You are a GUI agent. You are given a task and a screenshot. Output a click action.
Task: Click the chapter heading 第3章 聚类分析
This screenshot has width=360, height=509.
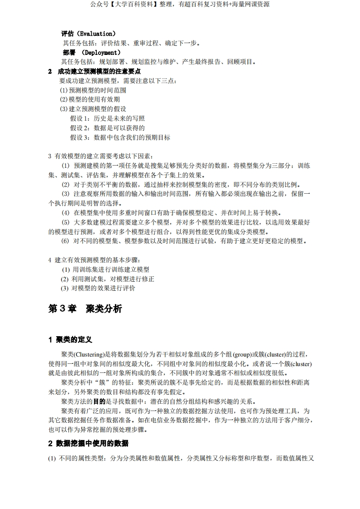point(85,309)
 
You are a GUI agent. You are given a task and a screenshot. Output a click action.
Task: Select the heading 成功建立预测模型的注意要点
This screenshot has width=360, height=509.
point(99,71)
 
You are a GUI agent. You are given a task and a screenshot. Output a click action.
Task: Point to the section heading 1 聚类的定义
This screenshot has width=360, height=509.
point(70,340)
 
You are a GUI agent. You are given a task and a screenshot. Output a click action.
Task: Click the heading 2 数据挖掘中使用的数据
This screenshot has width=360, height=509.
point(88,443)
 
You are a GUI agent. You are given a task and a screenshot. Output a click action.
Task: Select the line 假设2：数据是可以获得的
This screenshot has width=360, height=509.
point(107,128)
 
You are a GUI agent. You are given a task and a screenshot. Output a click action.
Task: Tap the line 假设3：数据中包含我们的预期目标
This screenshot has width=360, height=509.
point(120,137)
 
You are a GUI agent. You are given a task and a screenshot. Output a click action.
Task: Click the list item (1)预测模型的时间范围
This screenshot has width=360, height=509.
point(93,90)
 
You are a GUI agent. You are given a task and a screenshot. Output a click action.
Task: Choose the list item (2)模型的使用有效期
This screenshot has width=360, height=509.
point(89,99)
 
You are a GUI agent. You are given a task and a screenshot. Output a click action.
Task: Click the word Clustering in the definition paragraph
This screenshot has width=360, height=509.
point(89,354)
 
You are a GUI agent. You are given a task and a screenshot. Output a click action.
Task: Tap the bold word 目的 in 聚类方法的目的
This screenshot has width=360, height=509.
point(99,401)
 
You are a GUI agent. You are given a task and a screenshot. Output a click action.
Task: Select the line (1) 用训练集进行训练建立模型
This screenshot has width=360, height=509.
point(105,269)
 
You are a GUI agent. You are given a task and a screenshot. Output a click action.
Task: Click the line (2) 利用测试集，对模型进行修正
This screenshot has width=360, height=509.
point(108,279)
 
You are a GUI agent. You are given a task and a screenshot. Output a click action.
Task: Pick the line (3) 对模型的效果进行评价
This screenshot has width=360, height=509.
point(98,288)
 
